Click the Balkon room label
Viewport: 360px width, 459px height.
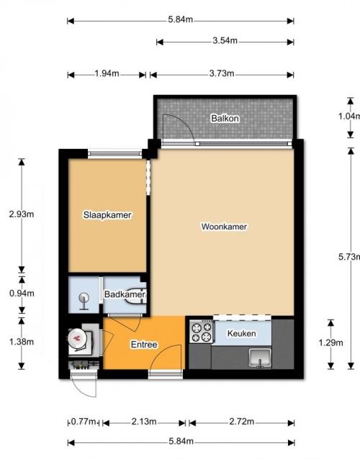(225, 119)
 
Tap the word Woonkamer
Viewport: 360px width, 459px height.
(224, 227)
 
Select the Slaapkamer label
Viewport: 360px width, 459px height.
(107, 215)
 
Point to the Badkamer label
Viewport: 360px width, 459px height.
(125, 294)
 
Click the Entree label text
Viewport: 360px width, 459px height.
(144, 345)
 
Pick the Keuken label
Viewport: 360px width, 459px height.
(242, 333)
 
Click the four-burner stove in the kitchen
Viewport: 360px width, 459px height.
(202, 332)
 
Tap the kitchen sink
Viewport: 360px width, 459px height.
(260, 358)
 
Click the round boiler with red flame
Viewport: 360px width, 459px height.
(78, 339)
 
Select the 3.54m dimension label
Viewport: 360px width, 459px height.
(225, 40)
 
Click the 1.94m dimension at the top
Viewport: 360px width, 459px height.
(107, 73)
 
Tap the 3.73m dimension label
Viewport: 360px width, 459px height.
(222, 73)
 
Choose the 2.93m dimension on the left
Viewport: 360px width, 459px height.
(22, 214)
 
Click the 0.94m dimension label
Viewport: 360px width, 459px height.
(22, 293)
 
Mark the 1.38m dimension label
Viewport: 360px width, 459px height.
(22, 341)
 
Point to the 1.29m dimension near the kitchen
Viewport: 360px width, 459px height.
(330, 342)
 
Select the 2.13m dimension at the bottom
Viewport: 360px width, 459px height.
(144, 422)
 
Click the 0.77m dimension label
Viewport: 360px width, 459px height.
(84, 422)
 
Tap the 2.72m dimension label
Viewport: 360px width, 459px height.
(242, 422)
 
